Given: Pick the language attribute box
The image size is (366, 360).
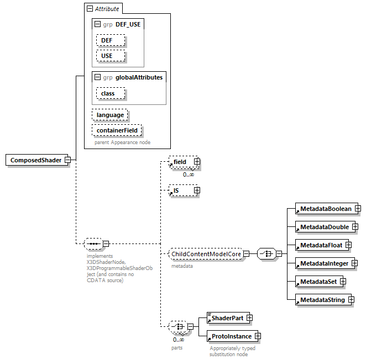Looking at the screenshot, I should point(110,115).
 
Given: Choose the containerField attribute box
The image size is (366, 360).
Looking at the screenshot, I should point(117,130).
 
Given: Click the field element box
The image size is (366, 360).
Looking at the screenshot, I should point(179,162).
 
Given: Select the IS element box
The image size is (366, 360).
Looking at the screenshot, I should point(179,190).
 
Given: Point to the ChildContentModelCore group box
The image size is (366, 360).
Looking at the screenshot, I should point(206,254).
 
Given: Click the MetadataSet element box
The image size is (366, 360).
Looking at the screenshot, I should point(317,282).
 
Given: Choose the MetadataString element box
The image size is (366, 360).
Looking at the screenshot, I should point(322,300).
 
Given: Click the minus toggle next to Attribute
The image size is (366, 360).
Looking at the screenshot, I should point(89,9).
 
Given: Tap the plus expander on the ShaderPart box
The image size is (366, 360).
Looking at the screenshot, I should point(249,318).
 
